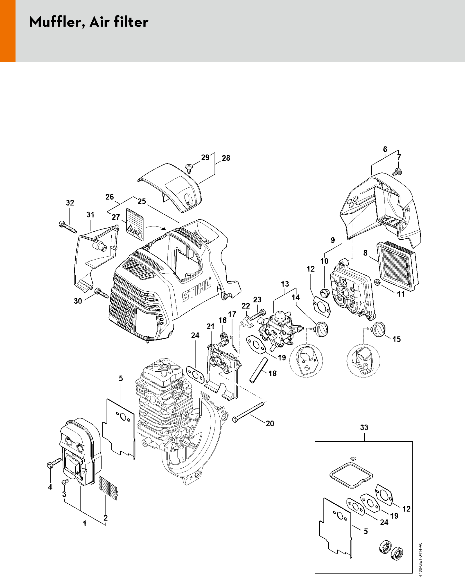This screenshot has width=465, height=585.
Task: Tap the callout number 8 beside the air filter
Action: pyautogui.click(x=365, y=253)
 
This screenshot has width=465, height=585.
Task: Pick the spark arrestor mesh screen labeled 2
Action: pyautogui.click(x=108, y=488)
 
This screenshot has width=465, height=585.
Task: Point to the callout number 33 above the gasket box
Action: pyautogui.click(x=364, y=428)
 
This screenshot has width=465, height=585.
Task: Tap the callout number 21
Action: pyautogui.click(x=210, y=327)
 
